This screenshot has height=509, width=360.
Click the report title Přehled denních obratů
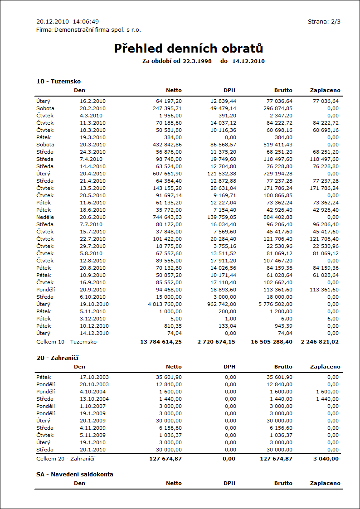pos(188,48)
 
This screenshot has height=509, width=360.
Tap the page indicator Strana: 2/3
pos(324,21)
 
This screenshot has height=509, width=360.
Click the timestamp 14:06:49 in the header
pos(86,21)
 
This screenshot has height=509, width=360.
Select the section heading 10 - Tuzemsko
pos(58,81)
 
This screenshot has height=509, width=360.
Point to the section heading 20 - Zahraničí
pos(58,358)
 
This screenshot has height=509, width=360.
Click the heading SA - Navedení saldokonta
pos(75,474)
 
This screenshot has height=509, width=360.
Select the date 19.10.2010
pos(94,304)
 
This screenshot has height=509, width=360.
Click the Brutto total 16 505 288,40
pos(272,342)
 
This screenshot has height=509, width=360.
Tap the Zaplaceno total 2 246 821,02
pos(319,342)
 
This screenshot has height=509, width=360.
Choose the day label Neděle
pos(45,217)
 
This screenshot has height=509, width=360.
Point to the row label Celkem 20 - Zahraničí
pos(65,459)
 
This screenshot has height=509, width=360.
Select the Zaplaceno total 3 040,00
pos(326,459)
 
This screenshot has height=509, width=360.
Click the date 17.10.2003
pos(94,377)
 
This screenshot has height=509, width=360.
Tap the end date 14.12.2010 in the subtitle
pos(248,61)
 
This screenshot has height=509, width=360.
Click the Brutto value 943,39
pos(282,326)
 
